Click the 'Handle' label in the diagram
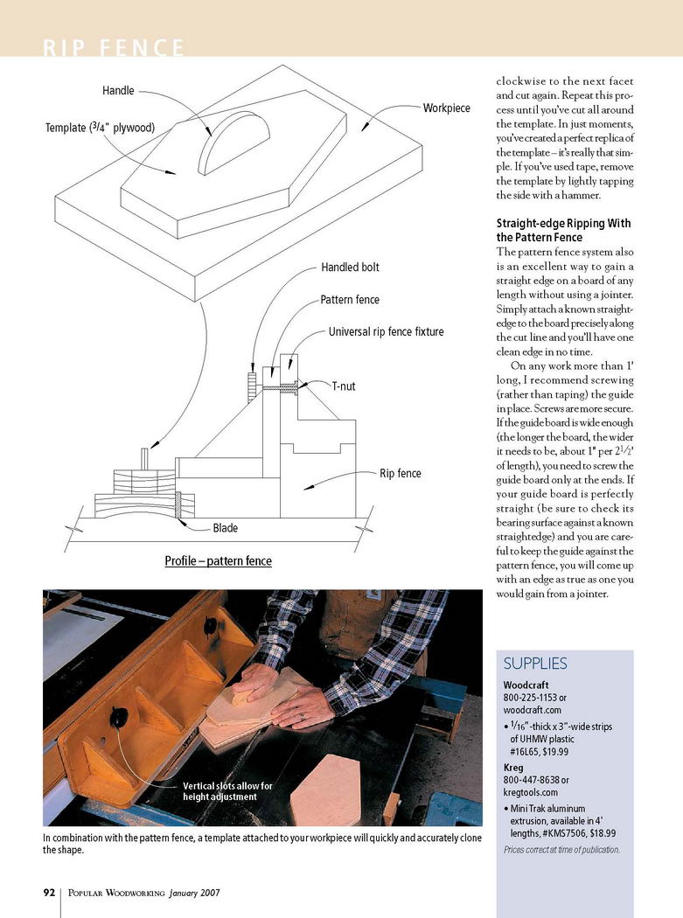(119, 91)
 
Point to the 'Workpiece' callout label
(446, 108)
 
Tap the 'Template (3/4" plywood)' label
(100, 129)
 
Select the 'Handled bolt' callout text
(350, 268)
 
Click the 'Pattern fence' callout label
(350, 300)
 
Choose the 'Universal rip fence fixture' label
(386, 332)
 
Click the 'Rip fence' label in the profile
(400, 474)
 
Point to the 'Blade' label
(225, 528)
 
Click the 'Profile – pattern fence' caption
(218, 560)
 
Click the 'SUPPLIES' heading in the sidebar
(535, 664)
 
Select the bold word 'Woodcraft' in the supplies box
(528, 685)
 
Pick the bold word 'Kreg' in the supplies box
(514, 767)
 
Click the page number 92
(50, 893)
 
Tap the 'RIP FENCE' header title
(114, 47)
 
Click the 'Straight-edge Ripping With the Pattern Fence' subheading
(563, 231)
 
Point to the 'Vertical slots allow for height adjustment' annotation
(227, 791)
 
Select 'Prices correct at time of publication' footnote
(561, 850)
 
